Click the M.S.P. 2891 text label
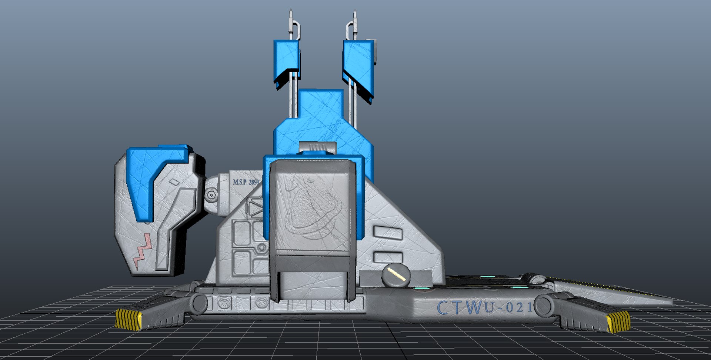(246, 182)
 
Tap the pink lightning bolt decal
(143, 250)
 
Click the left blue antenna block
(286, 61)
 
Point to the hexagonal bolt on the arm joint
(211, 194)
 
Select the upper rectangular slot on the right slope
(387, 233)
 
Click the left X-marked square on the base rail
(224, 303)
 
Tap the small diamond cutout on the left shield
(174, 182)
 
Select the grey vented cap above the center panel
(317, 147)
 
